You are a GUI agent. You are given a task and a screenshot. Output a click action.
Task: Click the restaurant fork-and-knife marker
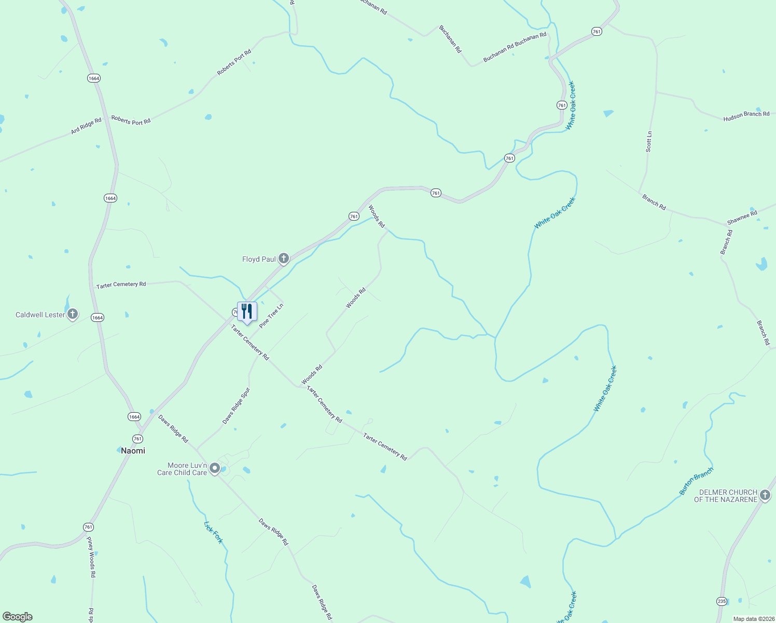tap(247, 311)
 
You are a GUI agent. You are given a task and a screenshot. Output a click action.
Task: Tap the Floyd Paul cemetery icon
tap(283, 258)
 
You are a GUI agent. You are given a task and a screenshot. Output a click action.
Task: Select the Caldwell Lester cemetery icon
tap(73, 314)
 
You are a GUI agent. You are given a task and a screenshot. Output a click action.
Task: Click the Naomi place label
tap(133, 451)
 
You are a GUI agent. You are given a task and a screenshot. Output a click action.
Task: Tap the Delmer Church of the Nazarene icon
tap(765, 495)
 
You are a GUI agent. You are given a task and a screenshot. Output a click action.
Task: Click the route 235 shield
tap(722, 601)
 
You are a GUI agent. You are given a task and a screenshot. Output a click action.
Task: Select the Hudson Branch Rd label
tap(746, 116)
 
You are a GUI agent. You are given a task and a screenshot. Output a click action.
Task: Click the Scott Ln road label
tap(649, 141)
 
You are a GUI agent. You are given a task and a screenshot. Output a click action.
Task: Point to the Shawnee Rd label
tap(742, 217)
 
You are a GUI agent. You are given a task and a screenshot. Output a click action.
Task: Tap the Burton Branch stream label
tap(696, 481)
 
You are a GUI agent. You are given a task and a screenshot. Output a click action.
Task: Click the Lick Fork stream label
tap(213, 532)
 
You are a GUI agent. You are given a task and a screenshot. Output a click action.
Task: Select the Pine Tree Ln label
tap(271, 316)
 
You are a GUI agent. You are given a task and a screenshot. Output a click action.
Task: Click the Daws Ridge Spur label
tap(236, 405)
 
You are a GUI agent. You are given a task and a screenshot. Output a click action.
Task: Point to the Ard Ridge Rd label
tap(86, 126)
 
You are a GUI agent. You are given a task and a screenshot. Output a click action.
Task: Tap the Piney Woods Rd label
tap(91, 557)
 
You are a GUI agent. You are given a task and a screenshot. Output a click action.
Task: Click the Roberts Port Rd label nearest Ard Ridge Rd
tap(131, 120)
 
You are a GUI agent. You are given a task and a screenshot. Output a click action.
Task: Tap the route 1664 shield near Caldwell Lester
tap(98, 317)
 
